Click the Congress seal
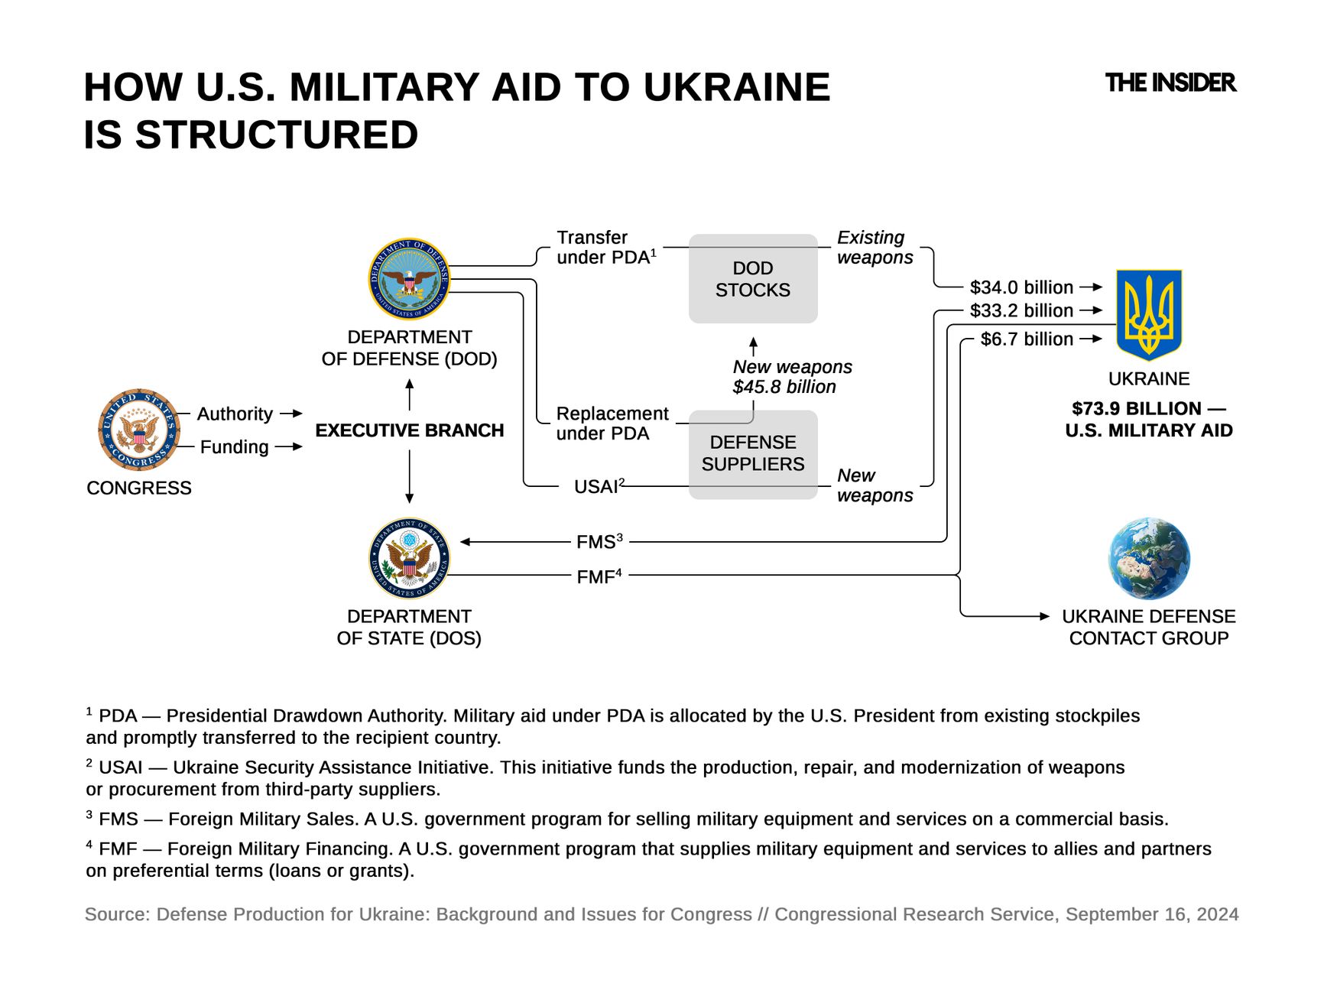(x=139, y=430)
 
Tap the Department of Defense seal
(x=409, y=279)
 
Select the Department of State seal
(x=409, y=558)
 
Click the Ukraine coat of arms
(x=1148, y=314)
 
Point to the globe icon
(x=1149, y=558)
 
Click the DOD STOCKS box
(x=753, y=279)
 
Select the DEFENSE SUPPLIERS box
(x=753, y=454)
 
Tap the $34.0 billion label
(x=1021, y=287)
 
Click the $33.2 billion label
(x=1021, y=310)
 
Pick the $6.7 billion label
(x=1027, y=339)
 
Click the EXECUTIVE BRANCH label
(x=409, y=430)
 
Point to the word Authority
(x=235, y=414)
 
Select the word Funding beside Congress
(x=234, y=446)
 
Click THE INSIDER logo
(x=1170, y=83)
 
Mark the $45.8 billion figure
(x=784, y=387)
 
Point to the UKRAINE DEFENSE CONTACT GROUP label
(x=1148, y=627)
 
